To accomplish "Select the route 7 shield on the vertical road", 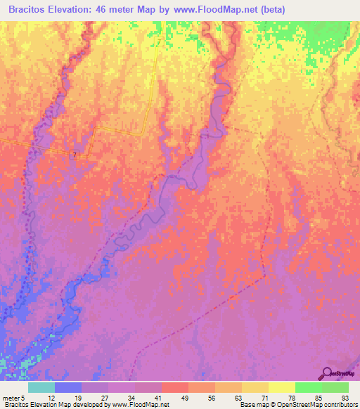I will click(159, 43).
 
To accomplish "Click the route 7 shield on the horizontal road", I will click(74, 154).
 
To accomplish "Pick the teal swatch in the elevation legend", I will click(41, 387).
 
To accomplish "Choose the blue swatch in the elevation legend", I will click(68, 387).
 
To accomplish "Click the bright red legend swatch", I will click(174, 387).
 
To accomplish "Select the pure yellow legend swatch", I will click(281, 387).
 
